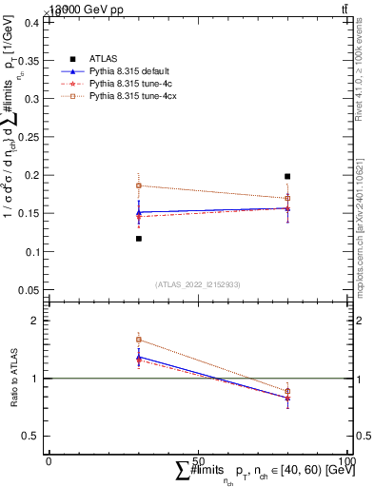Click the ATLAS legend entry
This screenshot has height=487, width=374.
point(104,59)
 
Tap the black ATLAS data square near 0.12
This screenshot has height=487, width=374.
point(139,239)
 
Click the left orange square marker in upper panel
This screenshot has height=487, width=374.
point(139,186)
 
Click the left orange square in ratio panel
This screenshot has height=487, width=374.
point(139,340)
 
